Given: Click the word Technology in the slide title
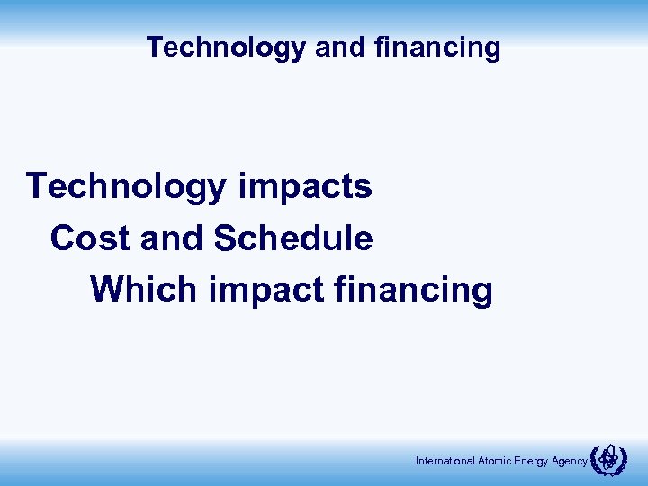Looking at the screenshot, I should point(226,47).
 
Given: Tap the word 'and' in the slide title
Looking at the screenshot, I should point(337,47).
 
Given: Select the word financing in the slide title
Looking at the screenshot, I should point(433,47).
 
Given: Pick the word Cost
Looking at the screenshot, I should point(85,238).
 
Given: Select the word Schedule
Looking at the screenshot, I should point(293,238).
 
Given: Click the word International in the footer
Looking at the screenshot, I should point(443,461).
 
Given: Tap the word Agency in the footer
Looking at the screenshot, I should point(571,461).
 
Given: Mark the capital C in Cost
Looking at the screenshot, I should point(63,238).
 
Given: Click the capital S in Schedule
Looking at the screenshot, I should point(225,238).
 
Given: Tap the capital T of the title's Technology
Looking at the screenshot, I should point(154,47).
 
